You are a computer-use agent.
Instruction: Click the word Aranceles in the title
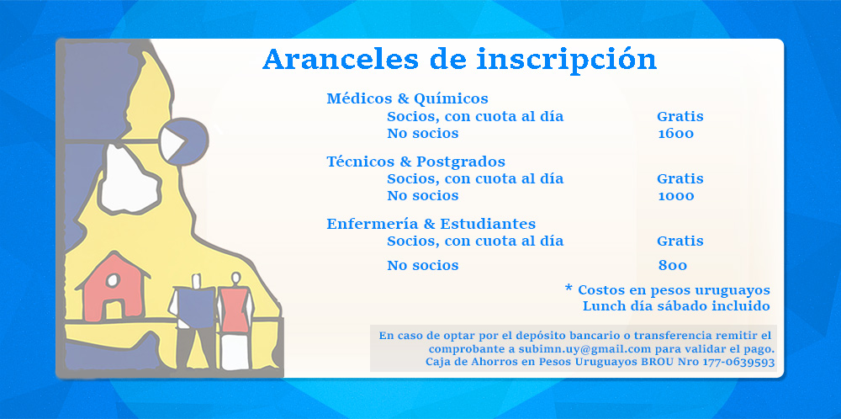341,59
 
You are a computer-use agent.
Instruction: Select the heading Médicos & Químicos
408,98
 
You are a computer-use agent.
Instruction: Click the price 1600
676,134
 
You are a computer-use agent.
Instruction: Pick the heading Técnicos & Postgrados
415,162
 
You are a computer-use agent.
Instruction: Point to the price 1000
676,196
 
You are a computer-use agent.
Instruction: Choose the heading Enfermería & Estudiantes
431,224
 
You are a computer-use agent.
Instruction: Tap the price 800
673,266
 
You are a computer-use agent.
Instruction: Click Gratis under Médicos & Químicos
680,116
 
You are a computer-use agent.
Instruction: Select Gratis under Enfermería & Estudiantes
680,241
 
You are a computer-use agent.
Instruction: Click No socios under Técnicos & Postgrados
423,196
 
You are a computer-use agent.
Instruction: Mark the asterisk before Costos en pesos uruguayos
569,288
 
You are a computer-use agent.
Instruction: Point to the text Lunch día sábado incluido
676,306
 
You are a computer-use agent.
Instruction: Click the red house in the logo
114,288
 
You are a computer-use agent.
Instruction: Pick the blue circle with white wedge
184,142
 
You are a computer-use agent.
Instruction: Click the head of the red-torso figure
235,278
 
